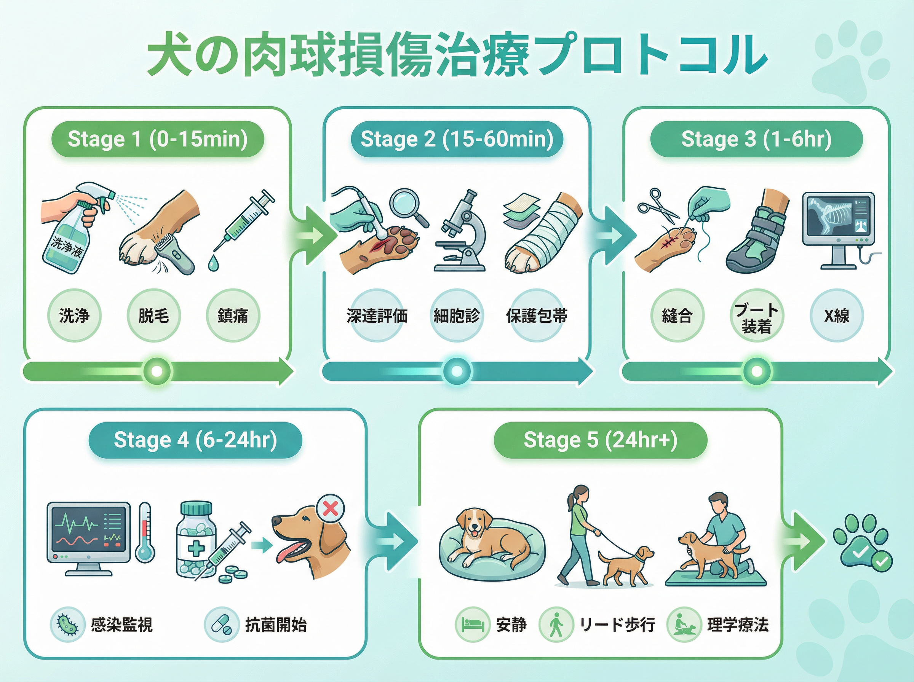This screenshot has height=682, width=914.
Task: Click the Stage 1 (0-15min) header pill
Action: point(157,139)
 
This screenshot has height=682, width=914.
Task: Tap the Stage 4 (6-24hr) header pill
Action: point(195,440)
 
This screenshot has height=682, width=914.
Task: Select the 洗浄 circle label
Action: point(74,316)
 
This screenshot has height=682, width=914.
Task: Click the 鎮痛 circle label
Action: point(233,316)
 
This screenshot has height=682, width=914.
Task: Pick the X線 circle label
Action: point(837,316)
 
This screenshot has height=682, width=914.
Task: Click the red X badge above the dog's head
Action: point(330,508)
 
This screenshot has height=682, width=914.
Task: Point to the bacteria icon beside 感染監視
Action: point(67,625)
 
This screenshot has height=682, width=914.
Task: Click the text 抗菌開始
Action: point(276,625)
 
